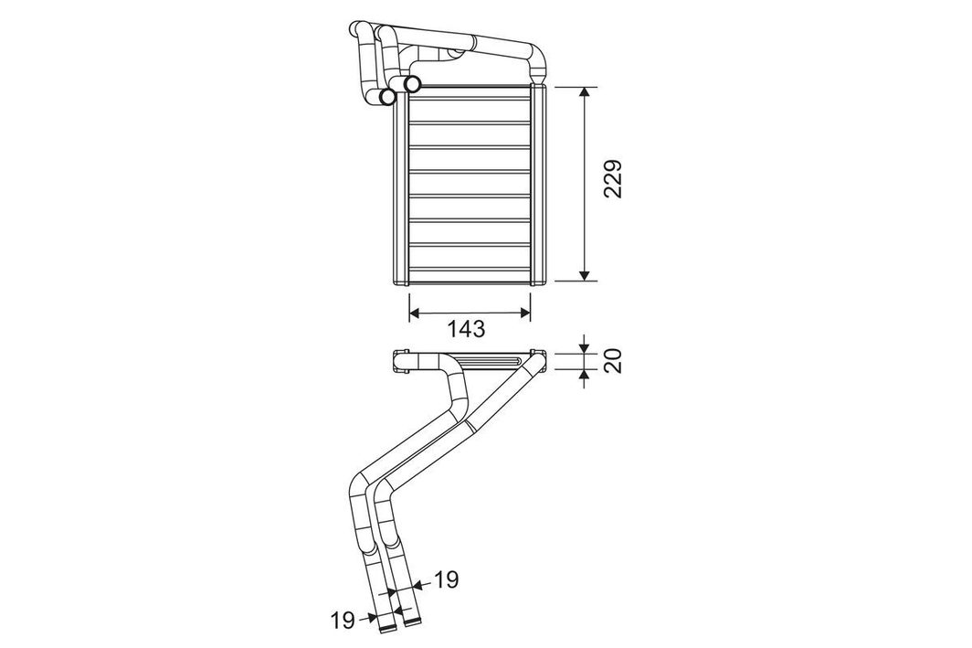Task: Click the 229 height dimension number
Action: coord(612,179)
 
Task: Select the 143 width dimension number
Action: coord(466,329)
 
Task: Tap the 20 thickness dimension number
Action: coord(612,360)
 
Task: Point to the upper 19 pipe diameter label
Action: coord(446,579)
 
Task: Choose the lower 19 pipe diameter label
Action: coord(343,620)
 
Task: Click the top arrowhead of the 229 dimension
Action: coord(584,91)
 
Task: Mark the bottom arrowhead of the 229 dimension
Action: coord(584,275)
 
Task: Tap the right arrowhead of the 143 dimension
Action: coord(525,313)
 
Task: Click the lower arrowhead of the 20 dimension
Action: coord(584,376)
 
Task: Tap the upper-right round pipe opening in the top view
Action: coord(412,82)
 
